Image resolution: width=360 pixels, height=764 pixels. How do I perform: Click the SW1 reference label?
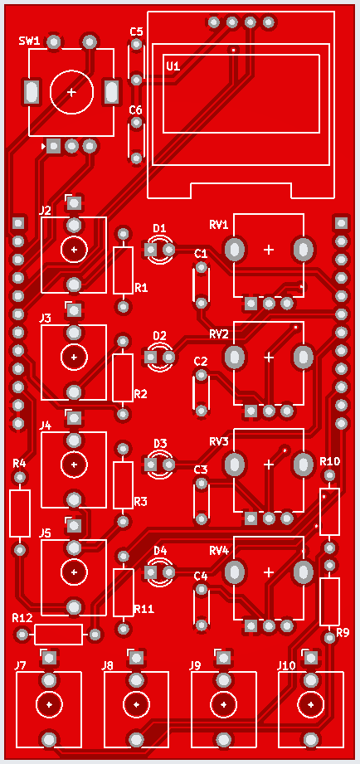29,41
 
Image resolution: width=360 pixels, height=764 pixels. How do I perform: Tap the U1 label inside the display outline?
173,66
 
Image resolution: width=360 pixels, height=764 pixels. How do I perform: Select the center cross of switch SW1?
71,92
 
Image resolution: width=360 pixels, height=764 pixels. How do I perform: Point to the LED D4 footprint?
160,572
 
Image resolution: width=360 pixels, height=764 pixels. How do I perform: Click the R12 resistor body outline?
58,635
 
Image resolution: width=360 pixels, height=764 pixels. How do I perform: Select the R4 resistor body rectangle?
19,513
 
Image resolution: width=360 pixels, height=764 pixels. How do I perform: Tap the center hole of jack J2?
74,250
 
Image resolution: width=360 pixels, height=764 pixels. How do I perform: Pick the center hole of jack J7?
49,704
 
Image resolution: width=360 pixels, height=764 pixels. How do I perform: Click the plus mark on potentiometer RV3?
269,465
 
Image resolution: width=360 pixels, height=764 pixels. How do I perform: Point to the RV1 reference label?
219,225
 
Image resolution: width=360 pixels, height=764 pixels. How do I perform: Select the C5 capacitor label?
136,32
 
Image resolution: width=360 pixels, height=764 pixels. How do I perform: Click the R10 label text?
330,461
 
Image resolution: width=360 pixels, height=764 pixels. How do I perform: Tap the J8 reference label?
108,665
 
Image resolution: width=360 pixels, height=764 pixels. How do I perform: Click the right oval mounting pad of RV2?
304,358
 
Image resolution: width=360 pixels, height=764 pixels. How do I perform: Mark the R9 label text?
343,633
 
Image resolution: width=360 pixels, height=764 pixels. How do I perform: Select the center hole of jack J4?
74,465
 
